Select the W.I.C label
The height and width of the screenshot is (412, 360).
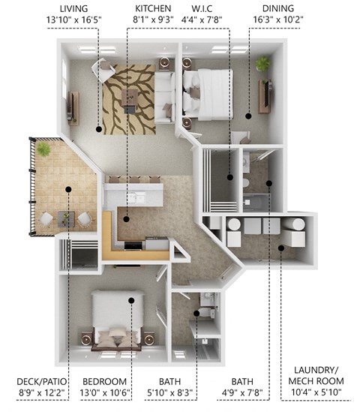[197, 8]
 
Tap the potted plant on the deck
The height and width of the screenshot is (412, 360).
[44, 150]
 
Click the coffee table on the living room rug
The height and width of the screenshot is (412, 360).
[133, 97]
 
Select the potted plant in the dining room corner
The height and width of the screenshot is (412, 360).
[262, 65]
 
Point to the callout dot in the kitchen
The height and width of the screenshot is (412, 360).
[127, 219]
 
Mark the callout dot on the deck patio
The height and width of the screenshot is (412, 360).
[67, 189]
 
